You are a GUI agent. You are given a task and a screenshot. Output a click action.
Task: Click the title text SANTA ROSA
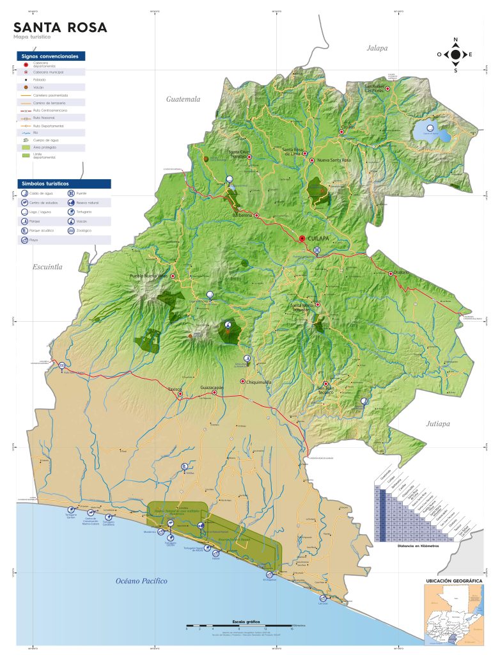click(x=60, y=28)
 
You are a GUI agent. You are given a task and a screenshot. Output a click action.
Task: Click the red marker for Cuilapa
click(x=302, y=239)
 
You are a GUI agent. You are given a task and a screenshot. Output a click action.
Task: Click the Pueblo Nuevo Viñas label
click(x=148, y=276)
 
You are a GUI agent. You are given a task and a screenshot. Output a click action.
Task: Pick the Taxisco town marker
click(x=180, y=394)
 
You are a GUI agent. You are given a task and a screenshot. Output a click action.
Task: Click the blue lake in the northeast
click(x=426, y=132)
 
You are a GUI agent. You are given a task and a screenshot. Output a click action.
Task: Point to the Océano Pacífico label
click(x=141, y=581)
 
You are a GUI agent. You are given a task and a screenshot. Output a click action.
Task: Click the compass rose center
click(x=455, y=55)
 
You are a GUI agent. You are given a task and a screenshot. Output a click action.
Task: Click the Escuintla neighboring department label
click(x=47, y=267)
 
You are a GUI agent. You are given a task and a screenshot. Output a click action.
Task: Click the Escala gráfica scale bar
click(x=238, y=625)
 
